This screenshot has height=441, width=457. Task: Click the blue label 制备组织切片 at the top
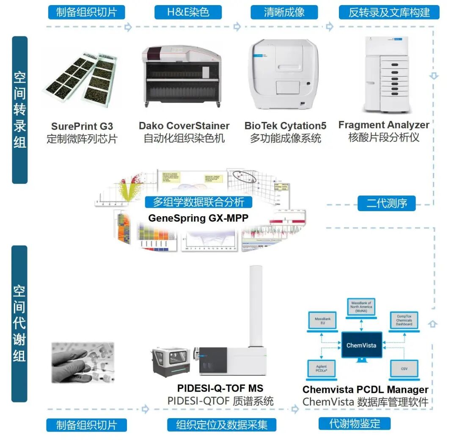[x=86, y=12]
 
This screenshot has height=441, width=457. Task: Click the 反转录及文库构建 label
[x=389, y=12]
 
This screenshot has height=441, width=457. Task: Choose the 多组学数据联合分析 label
[x=198, y=202]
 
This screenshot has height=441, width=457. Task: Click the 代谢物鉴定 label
[x=355, y=423]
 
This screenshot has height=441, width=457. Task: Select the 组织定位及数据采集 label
[x=222, y=424]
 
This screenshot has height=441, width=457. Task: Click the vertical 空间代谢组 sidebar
[x=19, y=324]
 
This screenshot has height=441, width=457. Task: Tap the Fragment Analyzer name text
[x=384, y=125]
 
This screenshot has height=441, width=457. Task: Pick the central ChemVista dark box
[x=361, y=345]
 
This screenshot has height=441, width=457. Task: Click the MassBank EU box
[x=322, y=320]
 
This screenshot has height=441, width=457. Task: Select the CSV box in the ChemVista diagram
[x=404, y=369]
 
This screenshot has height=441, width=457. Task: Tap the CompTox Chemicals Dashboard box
[x=404, y=320]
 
